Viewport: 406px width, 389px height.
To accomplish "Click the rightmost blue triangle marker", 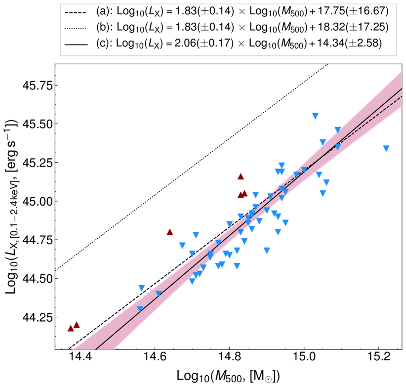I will coord(386,148).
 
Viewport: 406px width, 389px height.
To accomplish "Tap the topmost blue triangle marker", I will coord(315,116).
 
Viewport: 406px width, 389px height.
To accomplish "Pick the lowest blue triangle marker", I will coord(140,309).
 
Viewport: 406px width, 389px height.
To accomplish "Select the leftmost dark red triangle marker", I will coord(71,328).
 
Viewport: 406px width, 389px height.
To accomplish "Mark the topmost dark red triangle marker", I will coord(241,176).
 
